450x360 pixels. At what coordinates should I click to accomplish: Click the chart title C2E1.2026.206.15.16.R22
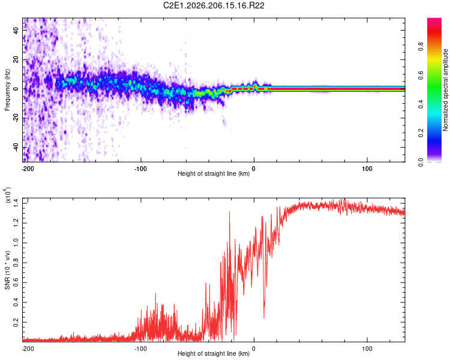point(214,5)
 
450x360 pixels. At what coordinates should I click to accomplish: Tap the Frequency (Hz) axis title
point(7,90)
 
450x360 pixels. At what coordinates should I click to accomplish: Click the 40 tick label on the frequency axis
point(16,30)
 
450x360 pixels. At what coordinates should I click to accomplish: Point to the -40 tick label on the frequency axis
point(16,148)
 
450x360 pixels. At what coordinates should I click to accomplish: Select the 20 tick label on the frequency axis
point(16,60)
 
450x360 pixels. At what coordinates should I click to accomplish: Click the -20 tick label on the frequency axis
point(16,118)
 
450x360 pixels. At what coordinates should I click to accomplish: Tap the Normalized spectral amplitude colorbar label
point(445,90)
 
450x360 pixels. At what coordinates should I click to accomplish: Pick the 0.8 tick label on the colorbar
point(421,47)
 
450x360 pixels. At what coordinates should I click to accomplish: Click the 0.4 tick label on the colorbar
point(421,104)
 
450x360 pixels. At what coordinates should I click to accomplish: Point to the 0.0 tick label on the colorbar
point(421,162)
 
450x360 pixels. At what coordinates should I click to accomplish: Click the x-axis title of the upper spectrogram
point(214,173)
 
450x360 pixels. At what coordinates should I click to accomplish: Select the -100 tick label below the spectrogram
point(140,169)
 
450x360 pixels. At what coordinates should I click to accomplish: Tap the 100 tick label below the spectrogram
point(367,169)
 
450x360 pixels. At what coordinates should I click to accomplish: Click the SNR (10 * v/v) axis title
point(7,270)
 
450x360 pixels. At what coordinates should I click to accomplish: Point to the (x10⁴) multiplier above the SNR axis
point(7,195)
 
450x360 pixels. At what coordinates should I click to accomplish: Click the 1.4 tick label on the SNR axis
point(16,203)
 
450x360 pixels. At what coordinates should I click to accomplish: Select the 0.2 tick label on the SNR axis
point(16,322)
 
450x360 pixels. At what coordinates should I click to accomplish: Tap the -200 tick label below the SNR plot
point(27,349)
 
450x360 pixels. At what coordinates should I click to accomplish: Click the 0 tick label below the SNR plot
point(254,349)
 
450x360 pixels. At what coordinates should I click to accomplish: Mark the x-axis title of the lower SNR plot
point(214,353)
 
